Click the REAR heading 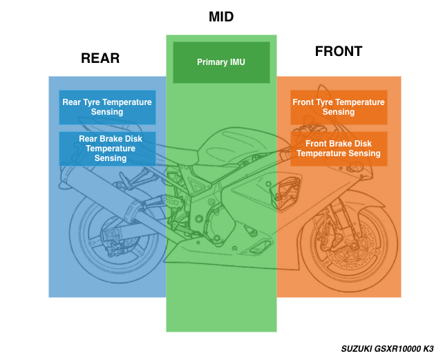[x=100, y=58]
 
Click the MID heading [x=221, y=17]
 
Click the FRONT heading [x=339, y=52]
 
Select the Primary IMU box [x=221, y=62]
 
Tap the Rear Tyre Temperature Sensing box [x=107, y=107]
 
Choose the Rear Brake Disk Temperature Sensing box [x=107, y=149]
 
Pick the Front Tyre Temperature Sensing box [x=339, y=107]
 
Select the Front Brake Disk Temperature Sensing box [x=339, y=149]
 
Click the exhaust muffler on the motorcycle [x=90, y=187]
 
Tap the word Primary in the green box [x=211, y=62]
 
